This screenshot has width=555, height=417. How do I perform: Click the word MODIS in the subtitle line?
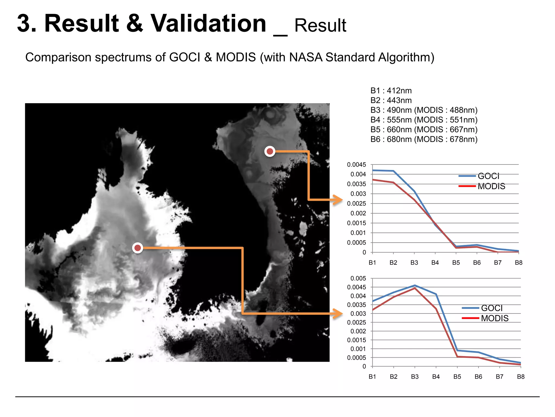tap(235, 57)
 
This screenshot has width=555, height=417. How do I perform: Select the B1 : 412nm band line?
tap(391, 91)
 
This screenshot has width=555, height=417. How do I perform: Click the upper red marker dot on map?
tap(270, 151)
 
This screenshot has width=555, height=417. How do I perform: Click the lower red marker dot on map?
tap(138, 248)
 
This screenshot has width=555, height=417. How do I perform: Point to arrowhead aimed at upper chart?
tap(339, 200)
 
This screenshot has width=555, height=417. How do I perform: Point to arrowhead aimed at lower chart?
tap(339, 314)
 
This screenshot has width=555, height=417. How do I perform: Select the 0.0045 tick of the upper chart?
tap(356, 165)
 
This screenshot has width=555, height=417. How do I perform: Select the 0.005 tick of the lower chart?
tap(358, 278)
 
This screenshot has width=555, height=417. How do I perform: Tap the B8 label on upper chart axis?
tap(518, 263)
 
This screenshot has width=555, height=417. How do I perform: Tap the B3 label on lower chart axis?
tap(415, 377)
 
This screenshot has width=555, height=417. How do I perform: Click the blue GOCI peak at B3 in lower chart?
tap(415, 285)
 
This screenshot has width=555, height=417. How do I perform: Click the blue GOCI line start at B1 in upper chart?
tap(373, 170)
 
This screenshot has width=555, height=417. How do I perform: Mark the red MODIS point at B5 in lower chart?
tap(457, 356)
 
